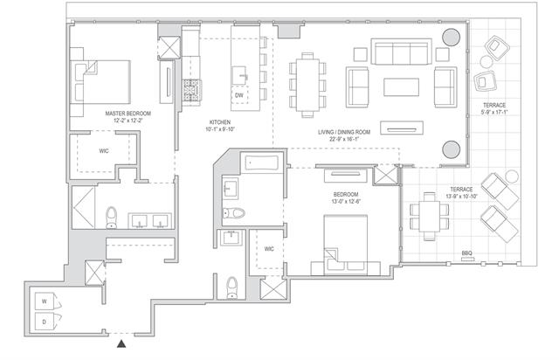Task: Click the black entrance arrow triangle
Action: coord(121,343)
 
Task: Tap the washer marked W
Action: coord(45,301)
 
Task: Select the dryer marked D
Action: coord(45,322)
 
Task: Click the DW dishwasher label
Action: coord(239,95)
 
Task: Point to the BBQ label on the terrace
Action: coord(467,253)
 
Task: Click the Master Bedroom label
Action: coord(128,114)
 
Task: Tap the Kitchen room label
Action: coord(220,122)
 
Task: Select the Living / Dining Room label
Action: coord(344,132)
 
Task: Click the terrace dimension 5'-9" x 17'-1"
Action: coord(494,113)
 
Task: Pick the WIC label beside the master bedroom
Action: coord(104,151)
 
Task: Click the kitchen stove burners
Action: coord(192,90)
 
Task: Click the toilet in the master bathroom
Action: coord(112,218)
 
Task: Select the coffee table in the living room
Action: coord(401,87)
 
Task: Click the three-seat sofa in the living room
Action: coord(401,52)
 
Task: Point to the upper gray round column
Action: coord(451,37)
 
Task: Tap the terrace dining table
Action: coord(429,216)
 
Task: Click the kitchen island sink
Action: coord(241,76)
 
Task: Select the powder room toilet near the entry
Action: coord(232,287)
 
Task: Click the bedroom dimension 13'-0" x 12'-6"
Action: coord(346,201)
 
